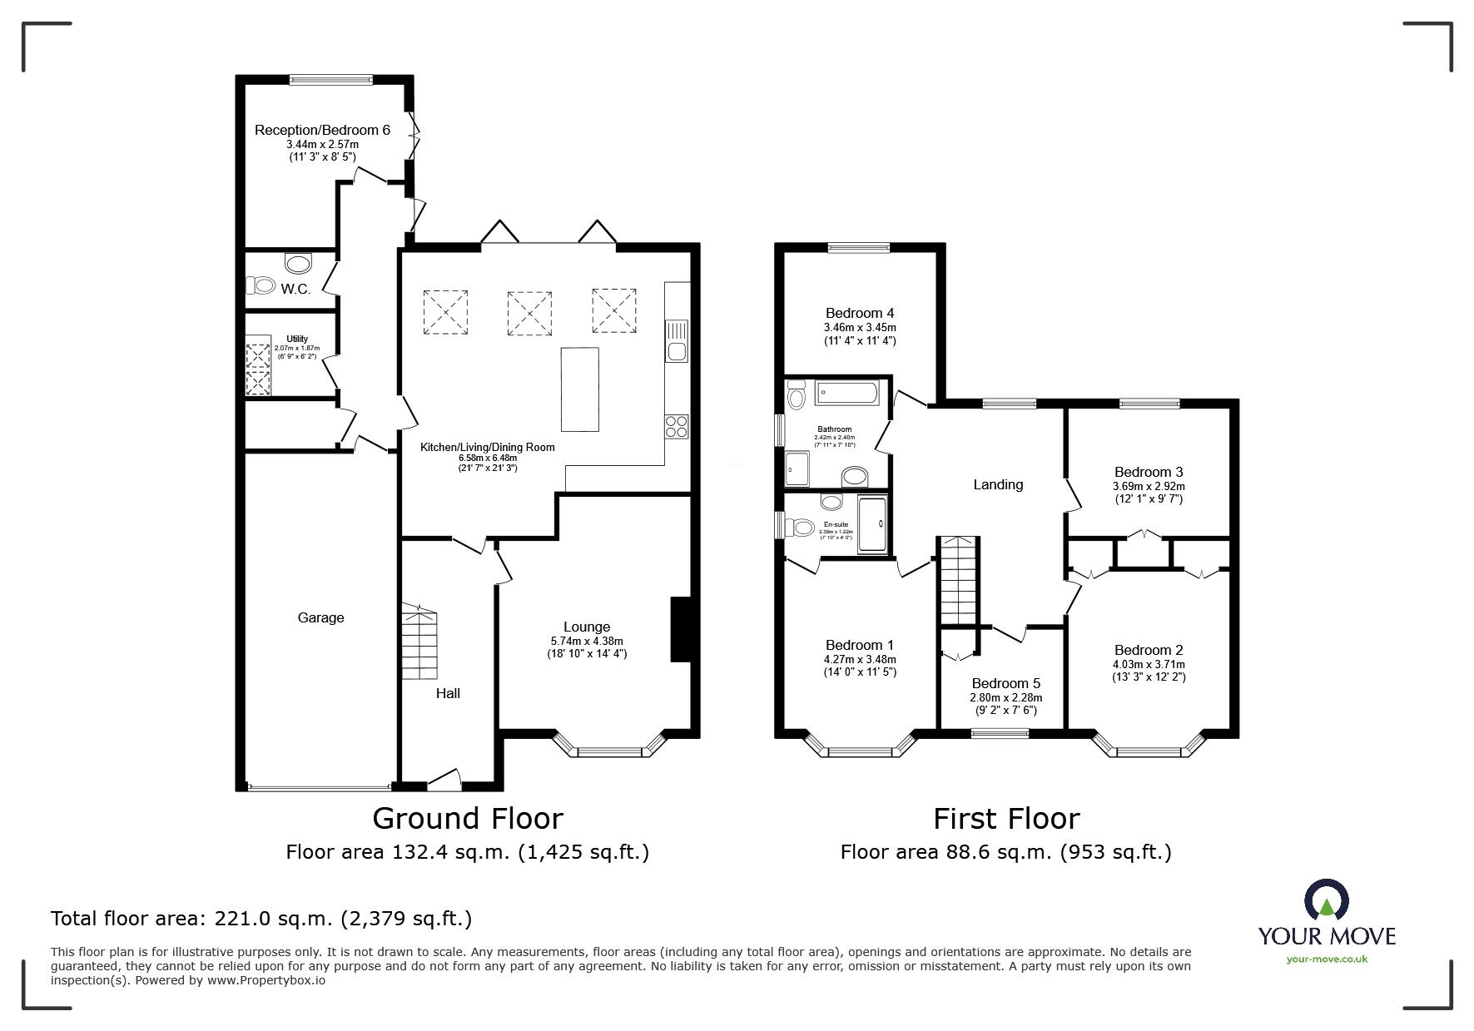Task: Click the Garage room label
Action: point(320,617)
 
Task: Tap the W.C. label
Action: point(295,289)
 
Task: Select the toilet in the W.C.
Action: point(262,285)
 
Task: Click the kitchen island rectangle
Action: point(579,389)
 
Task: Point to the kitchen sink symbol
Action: point(676,342)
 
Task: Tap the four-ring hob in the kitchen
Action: point(676,426)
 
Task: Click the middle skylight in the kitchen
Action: point(529,313)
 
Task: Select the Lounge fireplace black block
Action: point(681,629)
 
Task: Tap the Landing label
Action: point(998,484)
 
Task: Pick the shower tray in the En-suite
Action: point(872,523)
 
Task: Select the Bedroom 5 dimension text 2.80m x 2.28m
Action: point(1005,698)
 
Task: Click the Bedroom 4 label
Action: point(861,313)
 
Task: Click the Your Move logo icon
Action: point(1327,901)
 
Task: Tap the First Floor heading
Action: point(1005,819)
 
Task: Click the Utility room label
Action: point(297,339)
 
